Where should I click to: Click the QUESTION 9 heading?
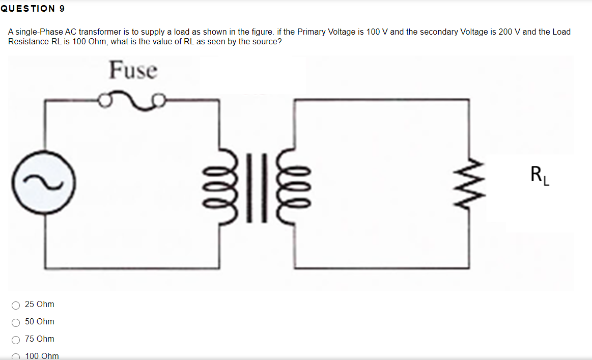click(33, 9)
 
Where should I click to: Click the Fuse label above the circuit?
click(133, 70)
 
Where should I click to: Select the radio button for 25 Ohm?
click(16, 305)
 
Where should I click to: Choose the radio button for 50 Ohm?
click(16, 322)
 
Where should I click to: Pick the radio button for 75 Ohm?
click(16, 340)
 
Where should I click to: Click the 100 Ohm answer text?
click(42, 356)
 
